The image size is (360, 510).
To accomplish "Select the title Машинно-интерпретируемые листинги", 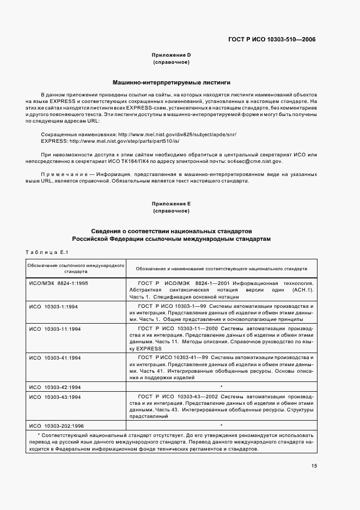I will click(x=171, y=83).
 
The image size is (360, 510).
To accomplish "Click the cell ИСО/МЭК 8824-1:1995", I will click(x=58, y=284).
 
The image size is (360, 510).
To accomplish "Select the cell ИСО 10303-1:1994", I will click(x=54, y=307).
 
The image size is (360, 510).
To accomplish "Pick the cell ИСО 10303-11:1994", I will click(x=55, y=329).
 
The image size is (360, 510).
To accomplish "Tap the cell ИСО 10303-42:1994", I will click(x=55, y=386).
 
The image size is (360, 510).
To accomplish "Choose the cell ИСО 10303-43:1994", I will click(x=55, y=398).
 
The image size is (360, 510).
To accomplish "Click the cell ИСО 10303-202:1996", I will click(x=57, y=424).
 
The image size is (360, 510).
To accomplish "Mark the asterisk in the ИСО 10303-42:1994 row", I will click(x=221, y=386).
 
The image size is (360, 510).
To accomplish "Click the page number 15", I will click(x=314, y=465).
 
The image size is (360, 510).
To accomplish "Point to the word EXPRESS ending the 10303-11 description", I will click(x=149, y=348).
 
